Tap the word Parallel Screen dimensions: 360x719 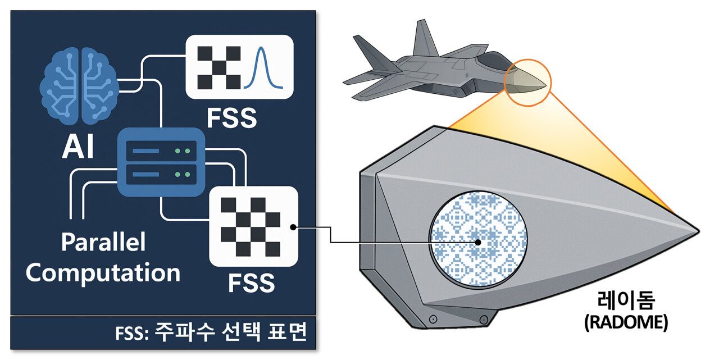click(x=103, y=243)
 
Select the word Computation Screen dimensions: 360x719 click(x=103, y=273)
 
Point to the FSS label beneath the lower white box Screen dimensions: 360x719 click(x=251, y=284)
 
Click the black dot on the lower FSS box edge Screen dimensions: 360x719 click(x=293, y=227)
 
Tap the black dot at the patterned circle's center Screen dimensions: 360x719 click(x=477, y=243)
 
